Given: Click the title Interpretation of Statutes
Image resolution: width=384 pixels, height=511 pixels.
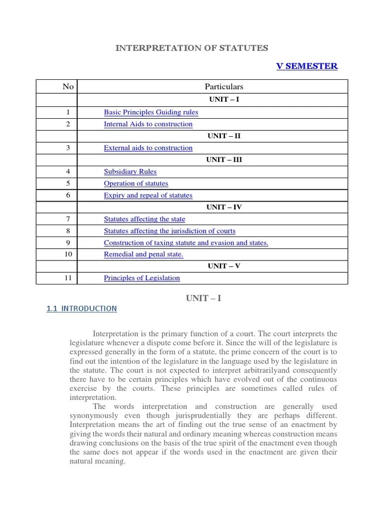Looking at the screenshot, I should coord(192,48).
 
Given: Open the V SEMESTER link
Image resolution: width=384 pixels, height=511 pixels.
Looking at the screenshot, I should coord(307,66).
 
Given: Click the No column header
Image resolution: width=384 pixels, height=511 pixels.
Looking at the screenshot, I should coord(68,86).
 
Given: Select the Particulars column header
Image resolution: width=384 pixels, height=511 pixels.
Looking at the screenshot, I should coord(224,86).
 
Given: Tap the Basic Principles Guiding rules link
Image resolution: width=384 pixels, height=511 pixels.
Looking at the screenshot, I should coord(151,112).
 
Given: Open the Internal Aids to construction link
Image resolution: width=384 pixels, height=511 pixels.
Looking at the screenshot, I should coord(148,124).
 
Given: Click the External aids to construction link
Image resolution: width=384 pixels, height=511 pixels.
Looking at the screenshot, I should coord(148,148).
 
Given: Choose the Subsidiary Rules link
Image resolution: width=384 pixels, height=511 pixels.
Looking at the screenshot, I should coord(130,172).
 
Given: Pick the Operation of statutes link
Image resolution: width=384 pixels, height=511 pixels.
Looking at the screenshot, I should coord(136,183).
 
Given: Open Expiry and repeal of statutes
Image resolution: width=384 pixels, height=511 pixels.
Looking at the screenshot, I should coord(148,196).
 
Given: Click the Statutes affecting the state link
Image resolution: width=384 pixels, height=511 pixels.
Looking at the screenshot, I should coord(144,219).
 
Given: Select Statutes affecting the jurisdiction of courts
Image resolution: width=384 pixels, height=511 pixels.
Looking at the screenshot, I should coord(169,231).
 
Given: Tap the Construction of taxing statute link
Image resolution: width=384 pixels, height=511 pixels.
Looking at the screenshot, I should coord(186,243).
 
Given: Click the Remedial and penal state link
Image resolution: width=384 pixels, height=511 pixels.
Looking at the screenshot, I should coord(143,255).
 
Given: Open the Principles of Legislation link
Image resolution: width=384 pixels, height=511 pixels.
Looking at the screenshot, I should coord(142,278).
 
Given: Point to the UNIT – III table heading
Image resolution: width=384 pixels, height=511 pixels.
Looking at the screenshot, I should coord(224,160).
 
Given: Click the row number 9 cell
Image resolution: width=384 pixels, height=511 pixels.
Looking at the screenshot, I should coord(68,243).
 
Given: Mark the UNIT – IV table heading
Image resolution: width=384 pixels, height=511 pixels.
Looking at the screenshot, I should coord(224,207).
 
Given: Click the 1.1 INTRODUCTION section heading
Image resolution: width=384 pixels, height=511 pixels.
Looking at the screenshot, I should coord(81,309).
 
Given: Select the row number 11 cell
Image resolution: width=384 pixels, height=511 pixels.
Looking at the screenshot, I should coord(68,278).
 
